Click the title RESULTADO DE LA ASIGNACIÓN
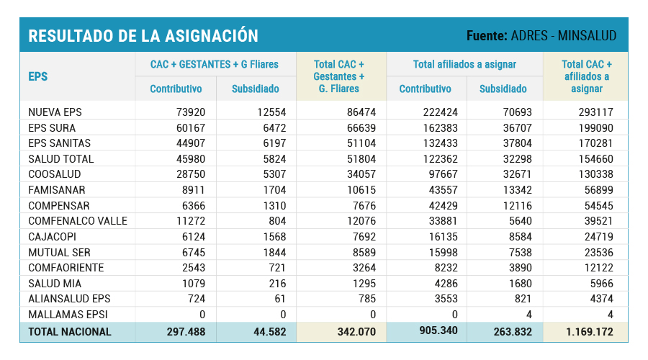143,35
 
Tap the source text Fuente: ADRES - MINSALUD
541,35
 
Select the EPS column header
38,76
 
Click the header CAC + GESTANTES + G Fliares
215,64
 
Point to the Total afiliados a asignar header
464,64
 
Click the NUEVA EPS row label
55,112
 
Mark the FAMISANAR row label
57,190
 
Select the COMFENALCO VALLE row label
78,221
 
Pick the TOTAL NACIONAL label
70,332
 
